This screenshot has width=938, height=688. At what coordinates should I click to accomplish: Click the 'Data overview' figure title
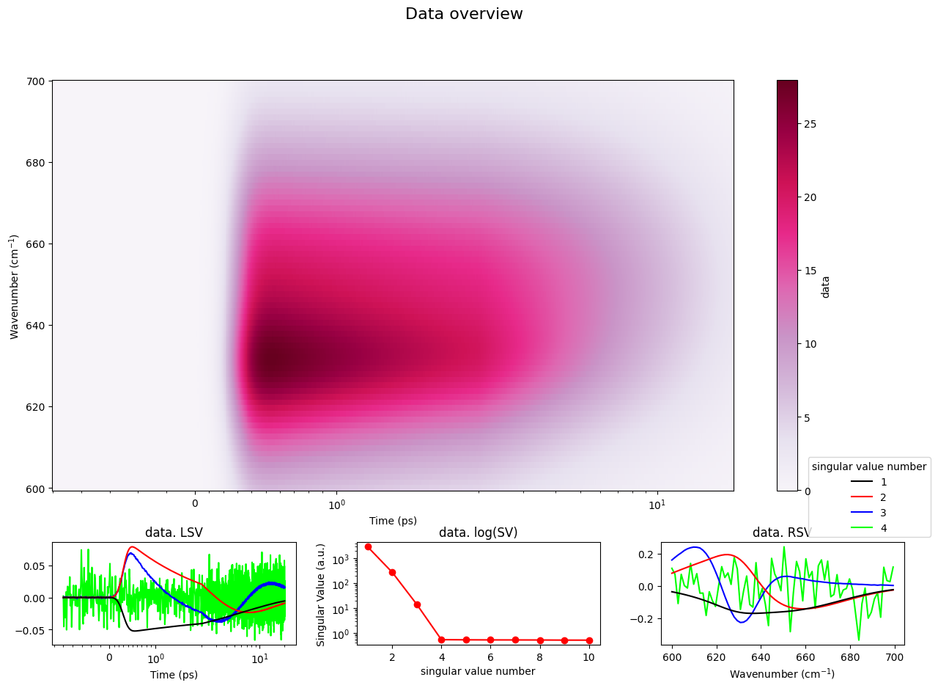tap(464, 14)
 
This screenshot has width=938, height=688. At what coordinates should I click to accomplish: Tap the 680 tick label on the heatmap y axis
tap(35, 163)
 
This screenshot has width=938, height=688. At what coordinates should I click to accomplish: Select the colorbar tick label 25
tap(810, 124)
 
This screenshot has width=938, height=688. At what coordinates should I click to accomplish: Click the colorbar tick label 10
tap(810, 344)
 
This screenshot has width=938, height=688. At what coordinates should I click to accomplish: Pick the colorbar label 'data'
tap(825, 288)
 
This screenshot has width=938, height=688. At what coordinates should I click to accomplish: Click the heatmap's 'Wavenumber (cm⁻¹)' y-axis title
tap(14, 287)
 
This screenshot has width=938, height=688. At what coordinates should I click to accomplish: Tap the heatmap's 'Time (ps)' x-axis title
tap(393, 521)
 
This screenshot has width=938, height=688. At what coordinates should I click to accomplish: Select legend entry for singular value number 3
tap(868, 513)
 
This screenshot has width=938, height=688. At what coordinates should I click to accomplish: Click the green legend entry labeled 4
tap(868, 528)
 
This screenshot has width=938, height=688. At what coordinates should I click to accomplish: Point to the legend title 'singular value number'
tap(869, 466)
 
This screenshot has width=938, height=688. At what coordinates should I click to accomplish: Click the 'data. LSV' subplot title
tap(174, 532)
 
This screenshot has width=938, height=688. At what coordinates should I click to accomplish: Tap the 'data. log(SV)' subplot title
tap(479, 532)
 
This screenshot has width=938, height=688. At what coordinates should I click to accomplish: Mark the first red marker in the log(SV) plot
tap(368, 546)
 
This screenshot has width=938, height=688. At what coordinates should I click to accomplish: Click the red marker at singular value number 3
tap(417, 604)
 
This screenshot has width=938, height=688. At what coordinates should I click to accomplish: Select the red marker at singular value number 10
tap(589, 640)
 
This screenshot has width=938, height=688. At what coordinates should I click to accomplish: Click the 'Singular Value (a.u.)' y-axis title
tap(321, 595)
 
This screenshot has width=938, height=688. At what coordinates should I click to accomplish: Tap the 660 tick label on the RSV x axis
tap(805, 657)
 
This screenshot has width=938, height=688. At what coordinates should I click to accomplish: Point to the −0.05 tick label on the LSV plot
tap(30, 631)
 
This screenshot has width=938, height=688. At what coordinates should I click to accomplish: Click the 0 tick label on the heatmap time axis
tap(195, 503)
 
